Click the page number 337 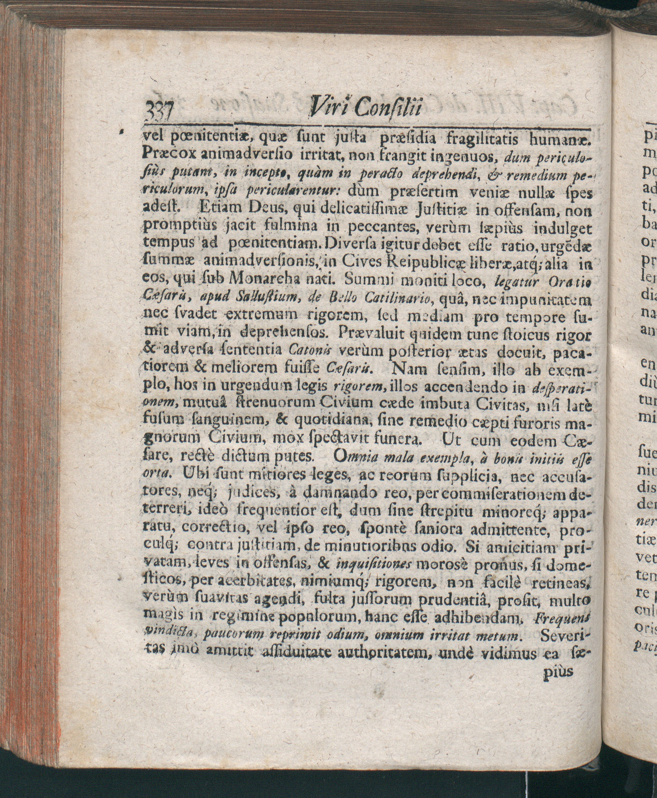(159, 112)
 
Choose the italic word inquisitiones (372, 564)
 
